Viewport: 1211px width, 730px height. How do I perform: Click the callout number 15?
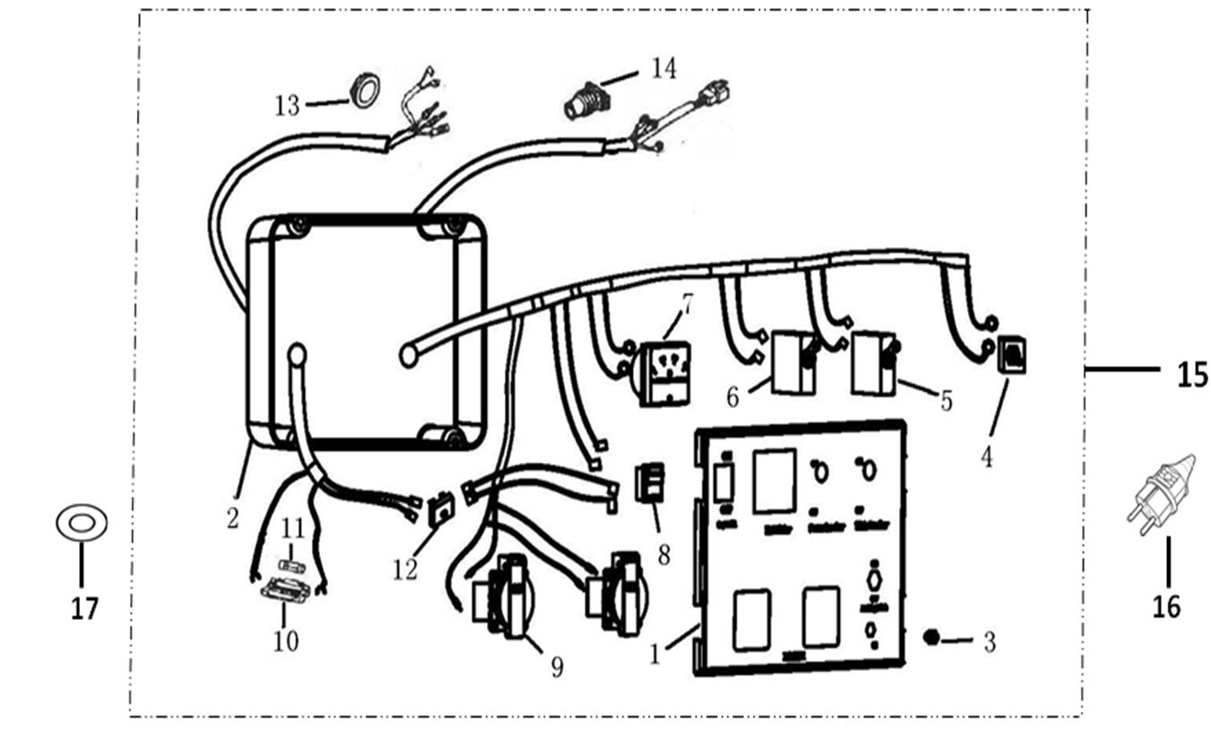pyautogui.click(x=1191, y=374)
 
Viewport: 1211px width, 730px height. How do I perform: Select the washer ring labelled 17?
pyautogui.click(x=82, y=523)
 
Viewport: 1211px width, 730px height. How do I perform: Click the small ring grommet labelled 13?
pyautogui.click(x=364, y=91)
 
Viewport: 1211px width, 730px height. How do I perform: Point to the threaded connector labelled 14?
pyautogui.click(x=585, y=99)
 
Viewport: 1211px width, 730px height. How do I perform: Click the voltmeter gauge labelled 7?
pyautogui.click(x=664, y=374)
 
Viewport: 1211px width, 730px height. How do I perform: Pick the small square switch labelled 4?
pyautogui.click(x=1011, y=354)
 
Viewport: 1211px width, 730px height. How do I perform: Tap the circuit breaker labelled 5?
pyautogui.click(x=875, y=362)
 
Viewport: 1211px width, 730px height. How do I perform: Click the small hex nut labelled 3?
pyautogui.click(x=930, y=638)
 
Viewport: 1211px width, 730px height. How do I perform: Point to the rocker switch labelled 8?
pyautogui.click(x=650, y=482)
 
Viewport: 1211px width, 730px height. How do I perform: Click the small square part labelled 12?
pyautogui.click(x=441, y=511)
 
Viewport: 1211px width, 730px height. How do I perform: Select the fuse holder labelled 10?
pyautogui.click(x=286, y=590)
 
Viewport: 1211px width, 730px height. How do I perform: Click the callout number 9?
pyautogui.click(x=557, y=667)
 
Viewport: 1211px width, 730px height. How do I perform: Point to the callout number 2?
pyautogui.click(x=232, y=517)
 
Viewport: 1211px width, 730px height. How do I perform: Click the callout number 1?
pyautogui.click(x=655, y=655)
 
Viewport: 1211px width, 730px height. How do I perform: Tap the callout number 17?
pyautogui.click(x=84, y=609)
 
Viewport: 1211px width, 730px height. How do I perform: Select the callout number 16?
pyautogui.click(x=1166, y=607)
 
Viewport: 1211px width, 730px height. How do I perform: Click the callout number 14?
pyautogui.click(x=663, y=68)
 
